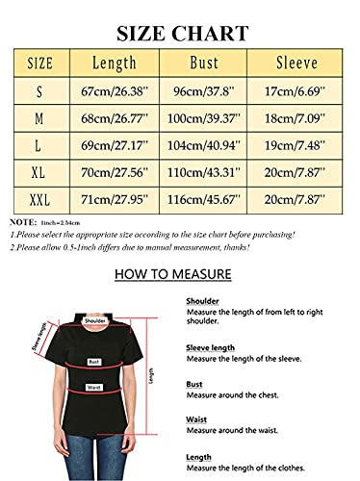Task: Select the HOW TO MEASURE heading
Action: tap(172, 274)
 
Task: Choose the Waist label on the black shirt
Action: tap(95, 388)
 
